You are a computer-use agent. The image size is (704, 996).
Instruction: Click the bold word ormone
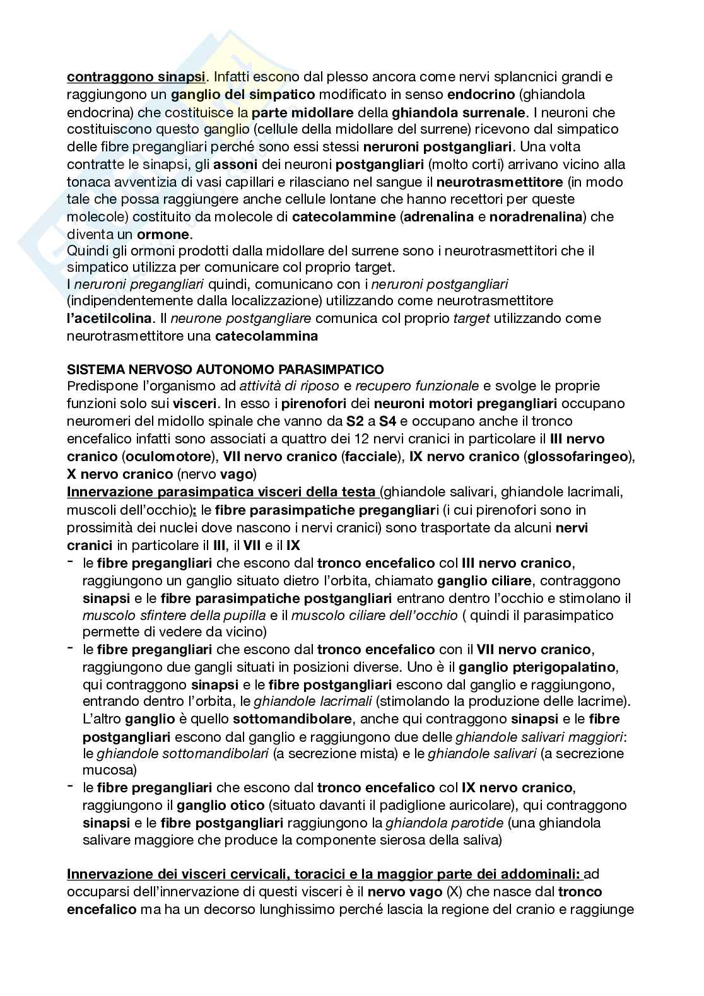coord(163,235)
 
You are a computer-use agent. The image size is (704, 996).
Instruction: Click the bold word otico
coord(242,805)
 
